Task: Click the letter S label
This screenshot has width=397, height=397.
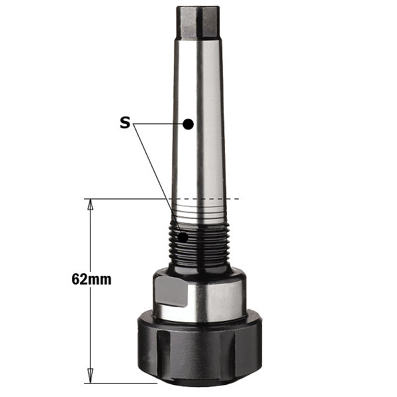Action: [x=125, y=123]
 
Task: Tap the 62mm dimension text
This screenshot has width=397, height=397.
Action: [x=91, y=279]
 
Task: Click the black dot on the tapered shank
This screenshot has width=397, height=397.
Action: [x=188, y=124]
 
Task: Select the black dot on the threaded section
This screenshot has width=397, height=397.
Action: [x=183, y=238]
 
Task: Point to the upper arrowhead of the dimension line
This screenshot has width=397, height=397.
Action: [x=90, y=204]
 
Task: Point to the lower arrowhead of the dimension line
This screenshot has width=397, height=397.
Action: [x=90, y=375]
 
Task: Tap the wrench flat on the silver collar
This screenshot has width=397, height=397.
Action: [x=171, y=291]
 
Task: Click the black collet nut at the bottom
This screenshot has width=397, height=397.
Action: [x=200, y=349]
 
